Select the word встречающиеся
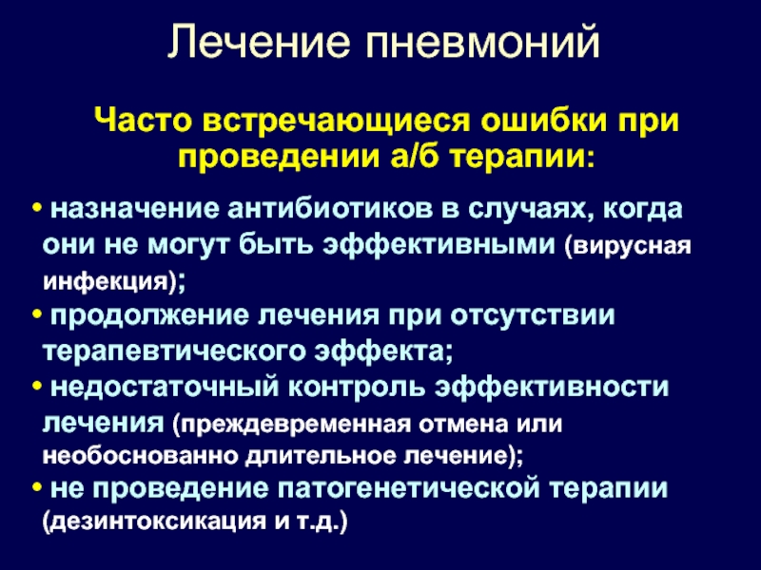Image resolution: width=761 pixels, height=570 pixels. tap(337, 123)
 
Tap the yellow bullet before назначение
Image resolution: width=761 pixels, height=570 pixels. tap(36, 208)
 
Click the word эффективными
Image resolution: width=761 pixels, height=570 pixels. tap(439, 245)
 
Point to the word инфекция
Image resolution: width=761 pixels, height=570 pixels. tap(106, 282)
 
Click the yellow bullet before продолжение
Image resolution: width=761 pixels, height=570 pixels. tap(36, 314)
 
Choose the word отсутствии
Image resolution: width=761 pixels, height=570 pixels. tap(533, 316)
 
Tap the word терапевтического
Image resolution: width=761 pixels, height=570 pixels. tap(174, 351)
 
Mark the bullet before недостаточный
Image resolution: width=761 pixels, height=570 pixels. tap(36, 387)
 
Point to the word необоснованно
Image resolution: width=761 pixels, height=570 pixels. tap(140, 456)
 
